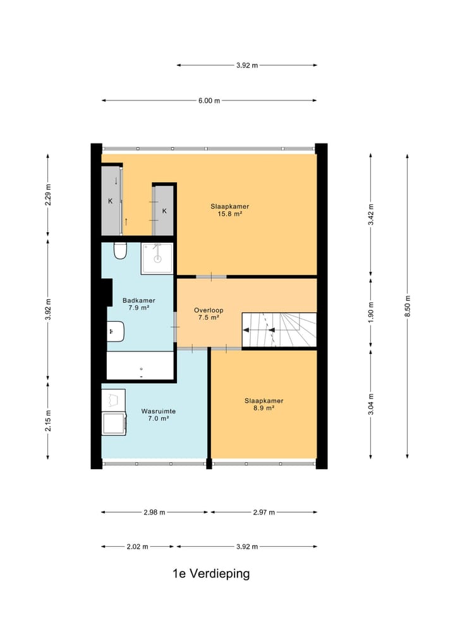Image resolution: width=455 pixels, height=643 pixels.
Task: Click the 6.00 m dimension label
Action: (209, 101)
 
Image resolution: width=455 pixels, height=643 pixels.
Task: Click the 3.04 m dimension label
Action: (371, 404)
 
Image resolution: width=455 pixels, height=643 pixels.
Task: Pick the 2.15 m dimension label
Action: (48, 420)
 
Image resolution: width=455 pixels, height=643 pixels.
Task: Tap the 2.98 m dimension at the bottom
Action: (154, 512)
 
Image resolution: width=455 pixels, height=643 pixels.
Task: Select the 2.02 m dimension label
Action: (137, 546)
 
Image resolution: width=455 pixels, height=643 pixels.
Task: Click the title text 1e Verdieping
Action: (211, 574)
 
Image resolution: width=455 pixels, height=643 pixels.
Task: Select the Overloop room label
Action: (209, 310)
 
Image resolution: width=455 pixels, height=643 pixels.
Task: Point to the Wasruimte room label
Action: (159, 411)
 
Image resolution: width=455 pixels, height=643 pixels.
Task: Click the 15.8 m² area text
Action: (230, 214)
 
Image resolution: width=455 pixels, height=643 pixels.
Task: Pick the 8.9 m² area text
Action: (264, 408)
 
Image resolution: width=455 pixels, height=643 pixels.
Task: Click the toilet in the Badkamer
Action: (119, 252)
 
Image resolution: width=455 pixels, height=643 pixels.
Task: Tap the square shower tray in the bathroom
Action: (157, 259)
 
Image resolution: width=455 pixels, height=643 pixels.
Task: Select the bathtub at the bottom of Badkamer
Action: (140, 365)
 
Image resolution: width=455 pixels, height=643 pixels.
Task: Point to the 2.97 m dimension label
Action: (263, 512)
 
